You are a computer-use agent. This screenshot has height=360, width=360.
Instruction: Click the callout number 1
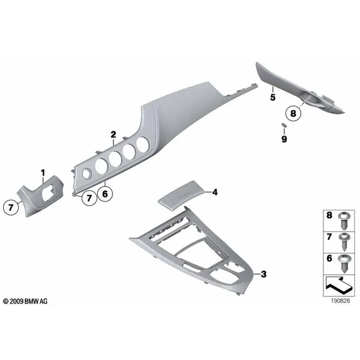coord(43,173)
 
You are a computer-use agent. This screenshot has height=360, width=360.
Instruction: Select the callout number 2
coord(113,134)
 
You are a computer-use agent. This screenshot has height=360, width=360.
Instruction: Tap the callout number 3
coord(263,274)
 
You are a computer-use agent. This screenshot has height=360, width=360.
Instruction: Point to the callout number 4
coord(215,192)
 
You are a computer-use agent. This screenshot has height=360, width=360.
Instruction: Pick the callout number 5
coord(272,97)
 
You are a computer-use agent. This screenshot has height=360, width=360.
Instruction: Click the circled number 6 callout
coord(105,194)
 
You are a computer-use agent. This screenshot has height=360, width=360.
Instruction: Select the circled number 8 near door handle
coord(293,113)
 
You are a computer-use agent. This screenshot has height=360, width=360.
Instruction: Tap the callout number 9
coord(284,139)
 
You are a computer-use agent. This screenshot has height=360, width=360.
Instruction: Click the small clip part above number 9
coord(284,125)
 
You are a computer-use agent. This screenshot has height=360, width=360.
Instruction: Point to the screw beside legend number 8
coord(344,221)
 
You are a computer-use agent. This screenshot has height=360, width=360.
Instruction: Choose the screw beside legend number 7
coord(344,242)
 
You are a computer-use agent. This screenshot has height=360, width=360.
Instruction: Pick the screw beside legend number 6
coord(344,263)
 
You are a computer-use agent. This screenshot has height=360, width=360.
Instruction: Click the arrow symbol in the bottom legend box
coord(338,286)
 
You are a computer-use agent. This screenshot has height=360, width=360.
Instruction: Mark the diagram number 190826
coord(340,301)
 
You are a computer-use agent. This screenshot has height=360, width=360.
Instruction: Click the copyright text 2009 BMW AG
coord(25,301)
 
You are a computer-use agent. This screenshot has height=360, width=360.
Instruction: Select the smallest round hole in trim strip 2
coord(86,174)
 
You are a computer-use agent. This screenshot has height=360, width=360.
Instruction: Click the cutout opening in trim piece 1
coord(49,194)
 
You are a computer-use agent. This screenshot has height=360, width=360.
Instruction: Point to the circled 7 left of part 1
coord(11,208)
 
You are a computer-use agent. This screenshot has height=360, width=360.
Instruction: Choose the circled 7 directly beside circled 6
coord(89,197)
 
